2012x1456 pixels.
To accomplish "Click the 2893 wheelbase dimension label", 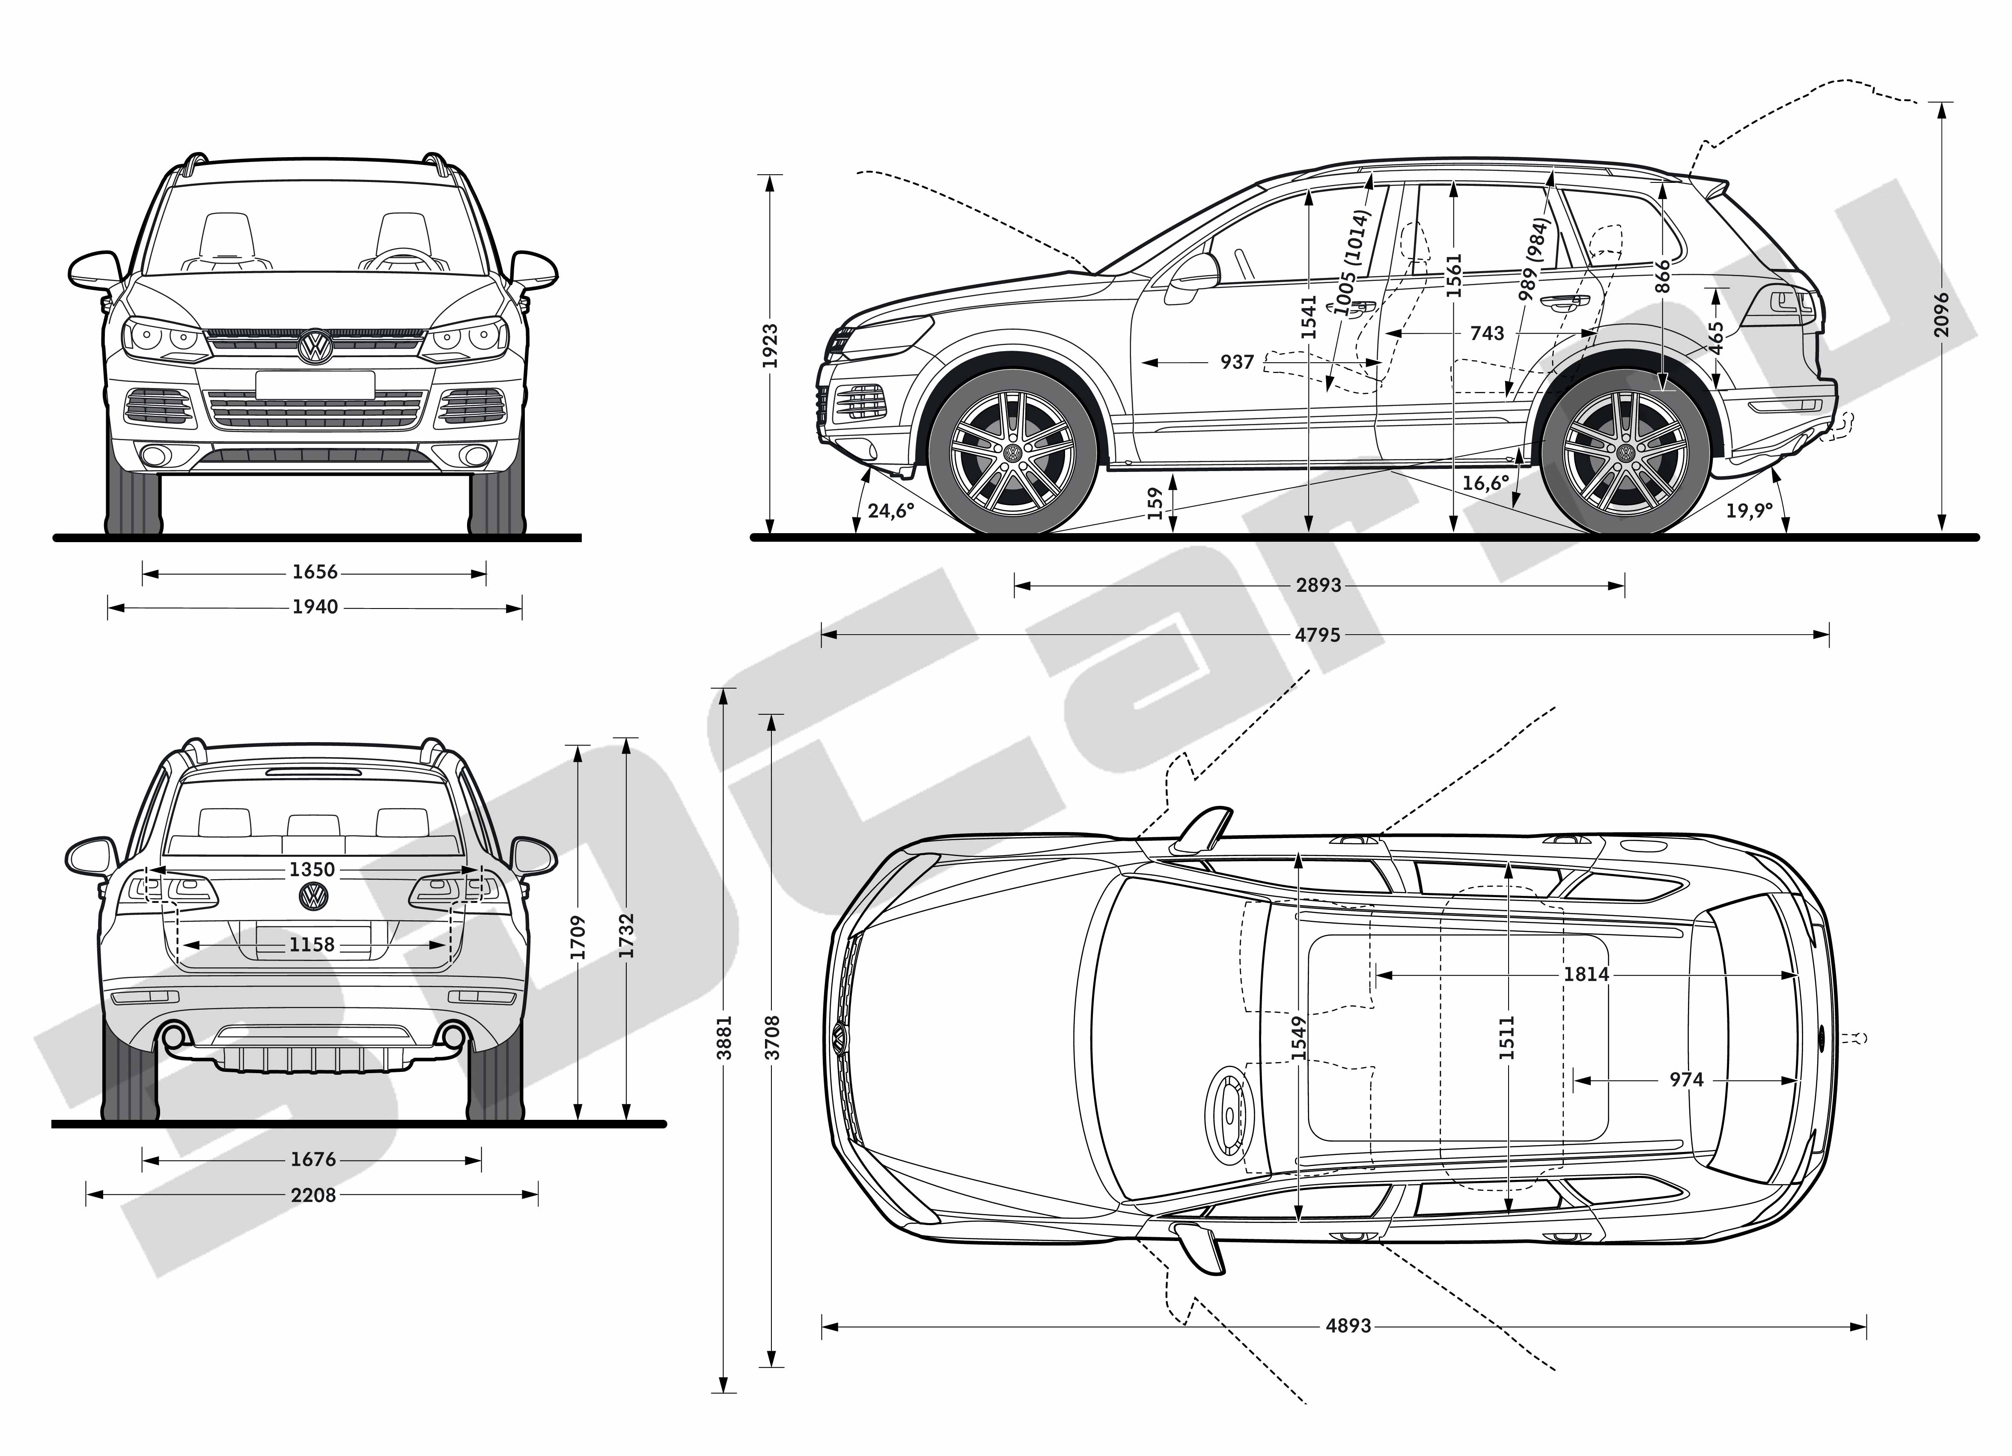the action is click(1318, 585).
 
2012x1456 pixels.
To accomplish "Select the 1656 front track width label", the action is click(315, 572).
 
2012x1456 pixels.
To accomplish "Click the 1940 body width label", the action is click(315, 607).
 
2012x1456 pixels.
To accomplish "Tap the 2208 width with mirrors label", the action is click(313, 1195).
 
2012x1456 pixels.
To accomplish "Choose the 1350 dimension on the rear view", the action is click(312, 869).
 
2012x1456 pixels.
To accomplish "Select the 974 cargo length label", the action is click(1686, 1080).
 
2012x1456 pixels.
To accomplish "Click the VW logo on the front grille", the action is click(314, 346).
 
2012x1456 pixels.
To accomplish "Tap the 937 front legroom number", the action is click(1238, 362).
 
